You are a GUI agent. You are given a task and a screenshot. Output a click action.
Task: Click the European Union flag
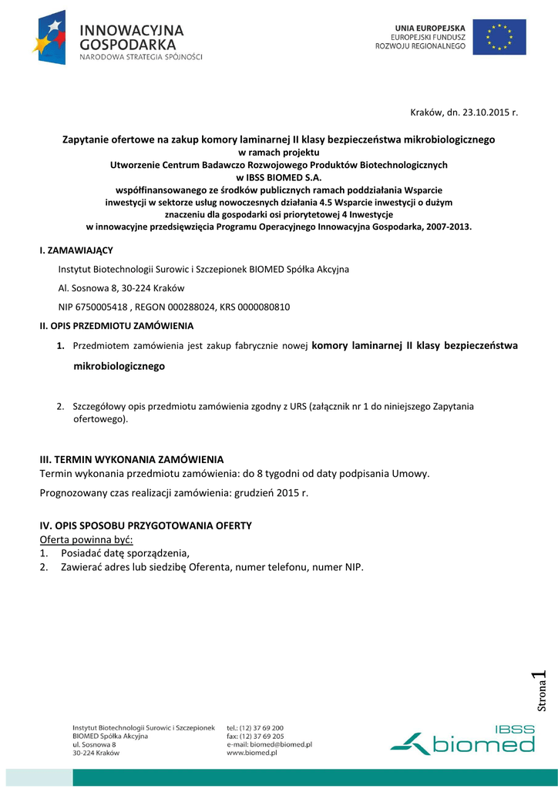point(499,37)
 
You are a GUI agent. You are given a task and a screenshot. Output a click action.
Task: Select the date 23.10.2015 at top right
point(486,112)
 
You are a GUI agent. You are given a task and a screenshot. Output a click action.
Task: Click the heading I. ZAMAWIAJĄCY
point(76,251)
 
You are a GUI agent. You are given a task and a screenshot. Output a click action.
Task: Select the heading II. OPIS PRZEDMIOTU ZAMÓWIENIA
point(116,326)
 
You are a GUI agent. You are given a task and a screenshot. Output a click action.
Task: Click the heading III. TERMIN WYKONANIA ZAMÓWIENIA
point(131,459)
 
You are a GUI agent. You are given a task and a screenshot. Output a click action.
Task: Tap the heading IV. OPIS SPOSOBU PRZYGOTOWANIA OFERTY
point(146,525)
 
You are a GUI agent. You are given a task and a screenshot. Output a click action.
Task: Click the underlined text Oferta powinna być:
point(86,539)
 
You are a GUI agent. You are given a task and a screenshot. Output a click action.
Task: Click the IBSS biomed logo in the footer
point(462,739)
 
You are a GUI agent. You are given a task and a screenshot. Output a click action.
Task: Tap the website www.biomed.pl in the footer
point(252,753)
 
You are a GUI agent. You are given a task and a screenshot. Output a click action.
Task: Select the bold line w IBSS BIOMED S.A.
point(278,176)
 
